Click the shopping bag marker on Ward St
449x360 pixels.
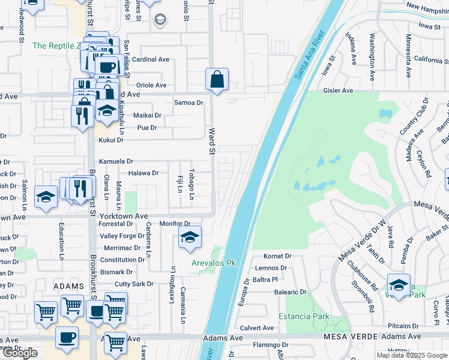pyautogui.click(x=217, y=79)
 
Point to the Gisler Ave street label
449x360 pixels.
pyautogui.click(x=339, y=91)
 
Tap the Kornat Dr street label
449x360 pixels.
pyautogui.click(x=277, y=256)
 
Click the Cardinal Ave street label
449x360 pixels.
pyautogui.click(x=151, y=59)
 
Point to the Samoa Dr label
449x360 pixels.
pyautogui.click(x=188, y=103)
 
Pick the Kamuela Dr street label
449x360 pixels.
pyautogui.click(x=116, y=161)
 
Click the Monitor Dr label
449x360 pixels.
pyautogui.click(x=175, y=223)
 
